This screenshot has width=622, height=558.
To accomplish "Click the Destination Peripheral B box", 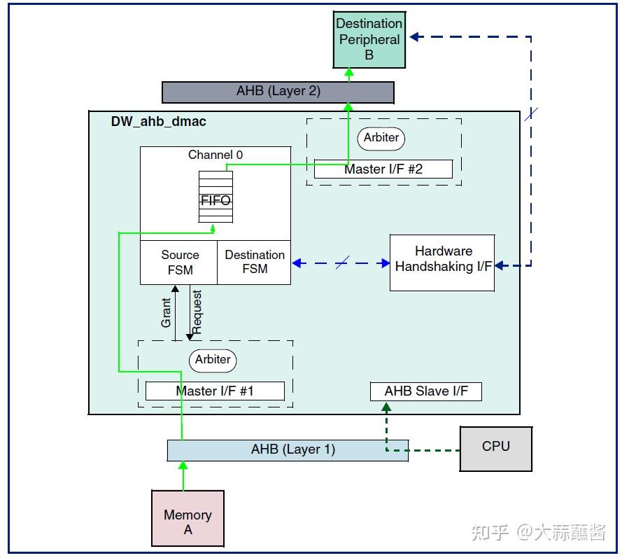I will click(369, 40).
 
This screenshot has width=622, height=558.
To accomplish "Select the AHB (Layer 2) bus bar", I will click(278, 92).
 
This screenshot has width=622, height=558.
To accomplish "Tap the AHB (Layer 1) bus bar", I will click(288, 450).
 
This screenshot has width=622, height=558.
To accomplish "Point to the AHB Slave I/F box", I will click(425, 391).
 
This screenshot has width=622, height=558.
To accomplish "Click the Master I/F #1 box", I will click(215, 391).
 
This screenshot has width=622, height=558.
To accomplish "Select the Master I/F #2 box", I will click(383, 169).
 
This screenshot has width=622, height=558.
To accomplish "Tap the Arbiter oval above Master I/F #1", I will click(213, 359).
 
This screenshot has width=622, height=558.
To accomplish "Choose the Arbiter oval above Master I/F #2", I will click(381, 138).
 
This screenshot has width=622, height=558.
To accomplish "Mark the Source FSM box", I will click(179, 263).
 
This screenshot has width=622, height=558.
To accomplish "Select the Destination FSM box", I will click(254, 263).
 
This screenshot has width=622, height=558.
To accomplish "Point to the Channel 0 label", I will click(215, 155).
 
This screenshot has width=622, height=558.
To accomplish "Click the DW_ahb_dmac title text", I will click(158, 121).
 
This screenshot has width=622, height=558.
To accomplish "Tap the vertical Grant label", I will click(167, 312).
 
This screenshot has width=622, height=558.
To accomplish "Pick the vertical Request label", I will click(197, 312).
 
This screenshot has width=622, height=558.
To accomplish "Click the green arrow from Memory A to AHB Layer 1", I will click(183, 476).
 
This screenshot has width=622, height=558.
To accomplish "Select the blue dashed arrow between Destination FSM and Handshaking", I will click(341, 263).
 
